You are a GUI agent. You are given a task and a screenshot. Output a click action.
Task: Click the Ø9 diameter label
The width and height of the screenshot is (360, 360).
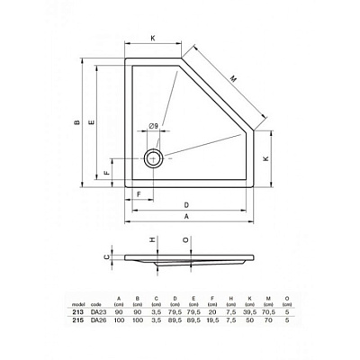154,125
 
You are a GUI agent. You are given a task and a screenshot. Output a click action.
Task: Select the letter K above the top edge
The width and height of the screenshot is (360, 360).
152,39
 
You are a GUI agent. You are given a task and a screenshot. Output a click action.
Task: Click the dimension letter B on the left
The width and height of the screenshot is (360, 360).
77,122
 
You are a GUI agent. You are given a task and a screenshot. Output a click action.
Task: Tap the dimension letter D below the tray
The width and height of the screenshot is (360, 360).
185,203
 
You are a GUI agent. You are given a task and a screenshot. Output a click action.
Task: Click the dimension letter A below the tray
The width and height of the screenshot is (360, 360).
185,217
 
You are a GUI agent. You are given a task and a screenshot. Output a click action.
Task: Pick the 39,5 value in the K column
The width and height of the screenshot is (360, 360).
248,311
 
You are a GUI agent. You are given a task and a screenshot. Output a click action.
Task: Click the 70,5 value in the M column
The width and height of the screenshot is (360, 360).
267,311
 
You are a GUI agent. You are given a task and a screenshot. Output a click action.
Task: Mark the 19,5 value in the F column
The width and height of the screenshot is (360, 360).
211,320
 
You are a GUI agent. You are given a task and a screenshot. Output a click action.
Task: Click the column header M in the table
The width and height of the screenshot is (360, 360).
267,298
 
